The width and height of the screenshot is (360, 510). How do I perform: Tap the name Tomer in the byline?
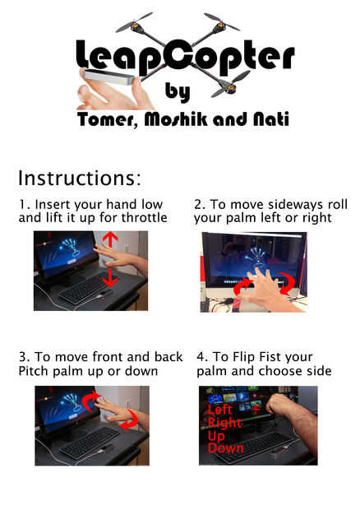click(105, 119)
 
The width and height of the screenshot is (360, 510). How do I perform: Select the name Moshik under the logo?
click(176, 118)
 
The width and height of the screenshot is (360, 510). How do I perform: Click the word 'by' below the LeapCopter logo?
click(178, 92)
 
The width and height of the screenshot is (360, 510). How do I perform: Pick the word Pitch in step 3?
click(34, 371)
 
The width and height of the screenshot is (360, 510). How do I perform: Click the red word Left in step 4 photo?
click(220, 410)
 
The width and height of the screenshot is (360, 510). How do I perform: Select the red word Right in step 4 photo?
click(225, 423)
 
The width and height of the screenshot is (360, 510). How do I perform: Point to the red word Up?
click(216, 436)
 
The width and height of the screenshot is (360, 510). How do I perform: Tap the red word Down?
click(226, 448)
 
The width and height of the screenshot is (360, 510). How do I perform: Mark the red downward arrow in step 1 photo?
click(110, 276)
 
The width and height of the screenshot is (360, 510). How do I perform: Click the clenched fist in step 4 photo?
click(276, 403)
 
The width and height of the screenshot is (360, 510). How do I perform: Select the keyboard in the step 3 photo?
click(89, 443)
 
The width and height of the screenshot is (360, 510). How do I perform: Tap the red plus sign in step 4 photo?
click(256, 409)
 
